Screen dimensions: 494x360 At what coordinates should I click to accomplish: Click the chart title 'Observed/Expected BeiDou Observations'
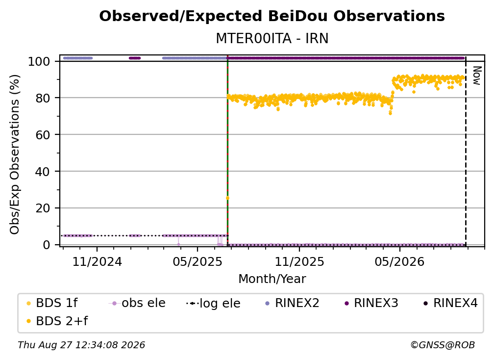[272, 16]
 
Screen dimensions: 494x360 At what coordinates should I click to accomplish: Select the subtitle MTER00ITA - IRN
[272, 38]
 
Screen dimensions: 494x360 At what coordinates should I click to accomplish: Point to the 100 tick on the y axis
[39, 61]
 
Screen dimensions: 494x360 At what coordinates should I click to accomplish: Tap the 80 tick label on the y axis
[43, 98]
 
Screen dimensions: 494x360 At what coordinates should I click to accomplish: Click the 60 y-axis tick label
[43, 135]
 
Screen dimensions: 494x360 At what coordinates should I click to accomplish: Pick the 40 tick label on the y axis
[43, 172]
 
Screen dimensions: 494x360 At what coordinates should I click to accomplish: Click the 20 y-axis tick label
[43, 208]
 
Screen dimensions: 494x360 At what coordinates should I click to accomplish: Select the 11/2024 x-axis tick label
[97, 261]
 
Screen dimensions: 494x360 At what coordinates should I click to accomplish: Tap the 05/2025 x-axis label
[198, 261]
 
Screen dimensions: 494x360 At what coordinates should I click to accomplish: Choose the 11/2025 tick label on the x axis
[299, 261]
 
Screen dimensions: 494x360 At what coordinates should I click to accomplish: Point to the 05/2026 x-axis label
[399, 261]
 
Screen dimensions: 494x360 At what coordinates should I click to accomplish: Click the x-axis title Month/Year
[272, 279]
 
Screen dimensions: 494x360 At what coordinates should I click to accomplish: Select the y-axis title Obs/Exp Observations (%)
[15, 154]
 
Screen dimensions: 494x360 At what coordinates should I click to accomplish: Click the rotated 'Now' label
[477, 76]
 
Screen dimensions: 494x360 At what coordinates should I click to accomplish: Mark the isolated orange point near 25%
[227, 198]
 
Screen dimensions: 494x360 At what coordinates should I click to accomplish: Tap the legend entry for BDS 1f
[52, 303]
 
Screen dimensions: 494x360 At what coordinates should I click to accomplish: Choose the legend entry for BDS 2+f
[57, 321]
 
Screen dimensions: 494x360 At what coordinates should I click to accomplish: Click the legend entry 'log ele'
[213, 303]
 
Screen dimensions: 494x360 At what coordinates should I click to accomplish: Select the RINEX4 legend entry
[450, 303]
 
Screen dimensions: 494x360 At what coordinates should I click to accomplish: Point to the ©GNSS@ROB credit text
[443, 345]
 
